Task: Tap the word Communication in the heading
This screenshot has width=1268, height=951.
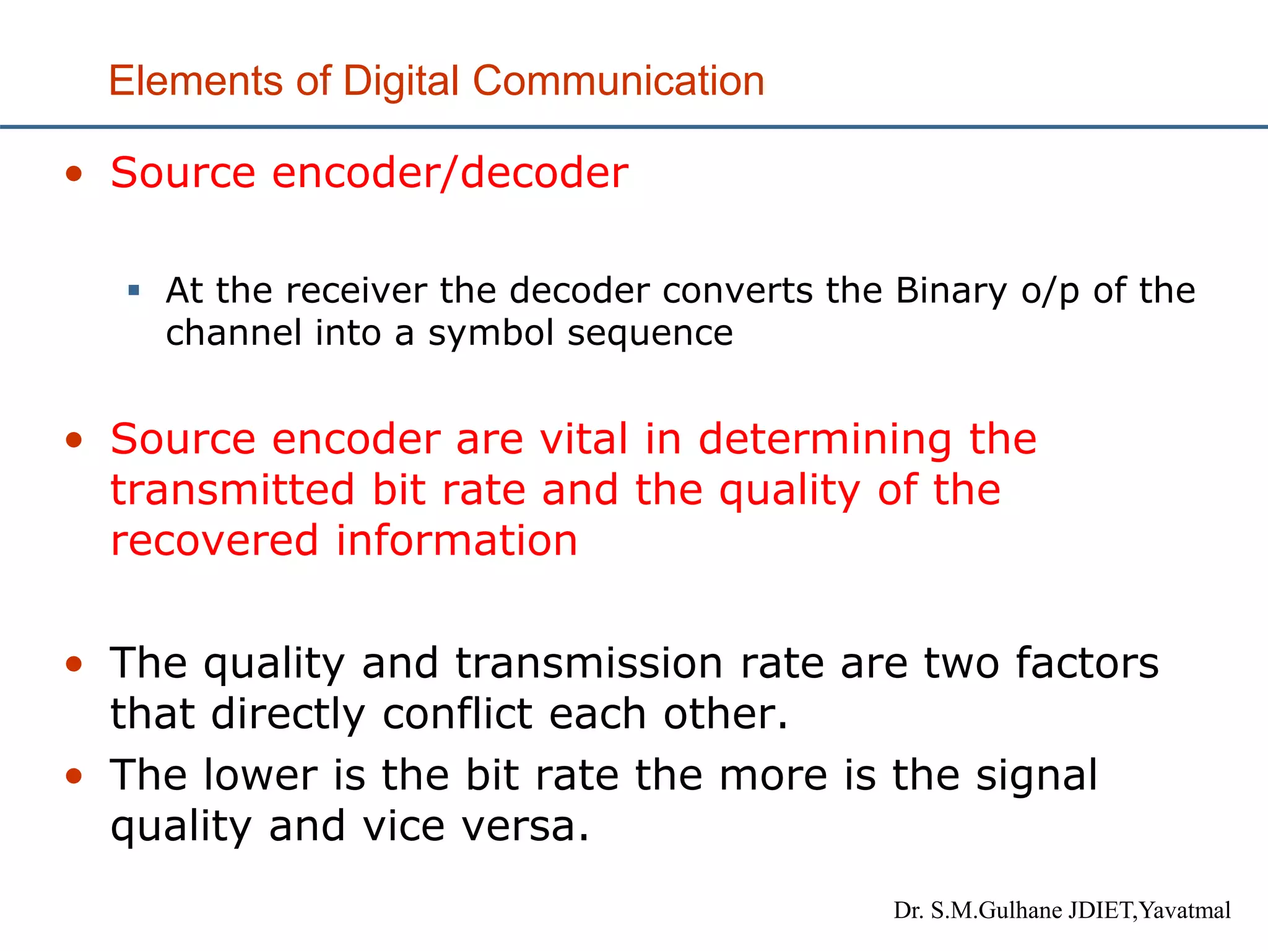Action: pyautogui.click(x=619, y=81)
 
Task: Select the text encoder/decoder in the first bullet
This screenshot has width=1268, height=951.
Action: pyautogui.click(x=450, y=173)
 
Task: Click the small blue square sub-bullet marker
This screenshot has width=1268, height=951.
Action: pyautogui.click(x=134, y=290)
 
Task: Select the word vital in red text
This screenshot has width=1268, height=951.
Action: pyautogui.click(x=584, y=439)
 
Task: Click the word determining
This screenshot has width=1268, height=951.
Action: pyautogui.click(x=825, y=439)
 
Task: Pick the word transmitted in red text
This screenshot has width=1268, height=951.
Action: pyautogui.click(x=233, y=490)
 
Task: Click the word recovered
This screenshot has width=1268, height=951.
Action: pyautogui.click(x=214, y=541)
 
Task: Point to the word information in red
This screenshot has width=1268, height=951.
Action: pyautogui.click(x=456, y=541)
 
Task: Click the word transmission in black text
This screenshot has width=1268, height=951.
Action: pyautogui.click(x=589, y=663)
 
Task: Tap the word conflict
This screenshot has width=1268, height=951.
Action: pyautogui.click(x=457, y=714)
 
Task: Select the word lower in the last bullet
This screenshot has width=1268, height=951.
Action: pyautogui.click(x=260, y=775)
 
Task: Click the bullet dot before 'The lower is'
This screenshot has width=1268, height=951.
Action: pyautogui.click(x=74, y=776)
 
